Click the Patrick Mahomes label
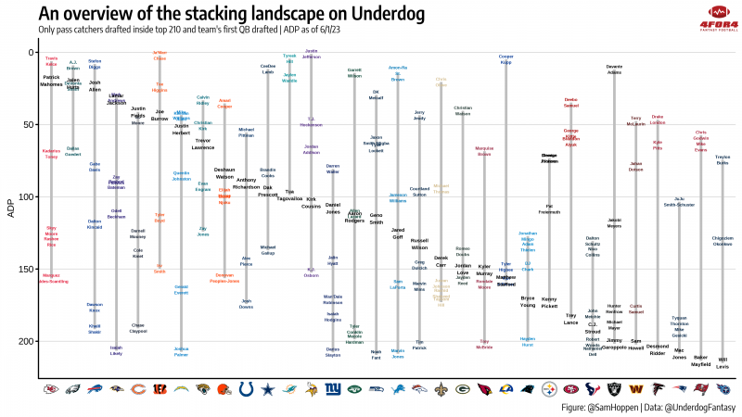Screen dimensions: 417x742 coord(52,81)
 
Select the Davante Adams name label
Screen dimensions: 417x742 coord(614,69)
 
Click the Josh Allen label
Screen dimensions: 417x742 coord(95,86)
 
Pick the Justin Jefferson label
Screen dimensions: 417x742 coord(312,53)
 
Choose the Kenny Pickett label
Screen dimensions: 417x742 coord(549,301)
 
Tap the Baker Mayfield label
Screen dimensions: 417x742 coord(701,360)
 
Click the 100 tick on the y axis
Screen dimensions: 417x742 coord(27,196)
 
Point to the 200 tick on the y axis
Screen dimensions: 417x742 coord(27,341)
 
